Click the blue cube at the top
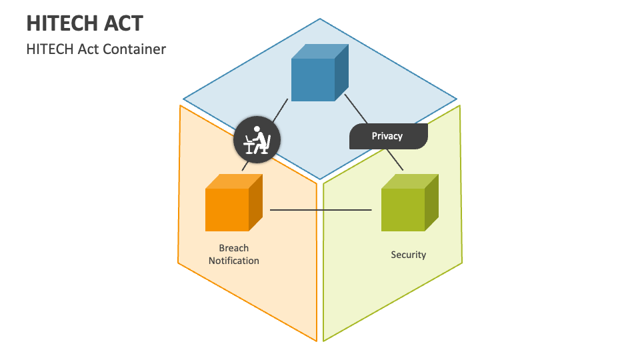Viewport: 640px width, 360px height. [x=313, y=79]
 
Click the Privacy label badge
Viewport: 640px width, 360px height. [x=388, y=136]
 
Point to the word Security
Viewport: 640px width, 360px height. [x=408, y=255]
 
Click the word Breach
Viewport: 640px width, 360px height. [x=233, y=248]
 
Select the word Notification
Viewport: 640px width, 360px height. [x=233, y=261]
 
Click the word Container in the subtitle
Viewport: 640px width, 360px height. [x=137, y=49]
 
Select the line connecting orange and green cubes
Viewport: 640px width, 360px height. [x=320, y=211]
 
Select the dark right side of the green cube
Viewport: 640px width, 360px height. [x=432, y=203]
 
